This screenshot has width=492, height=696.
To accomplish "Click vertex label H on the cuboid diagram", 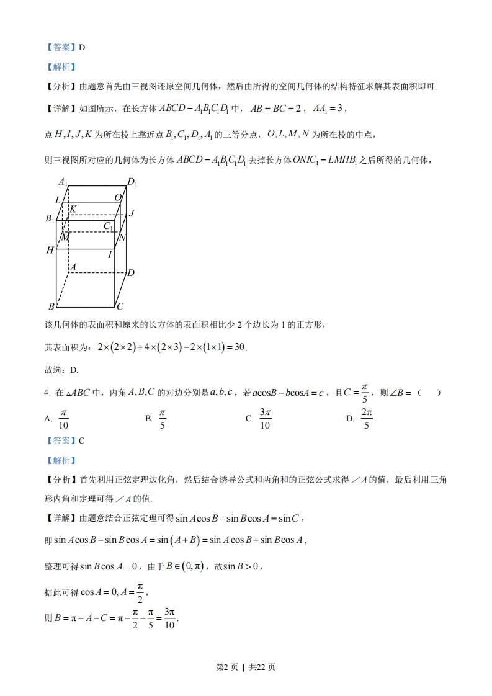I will click(x=50, y=250).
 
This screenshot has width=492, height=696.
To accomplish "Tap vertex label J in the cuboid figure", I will click(x=132, y=213).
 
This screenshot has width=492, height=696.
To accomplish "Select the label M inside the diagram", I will click(x=65, y=237).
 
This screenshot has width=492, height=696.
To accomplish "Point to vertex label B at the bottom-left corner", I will click(x=51, y=306).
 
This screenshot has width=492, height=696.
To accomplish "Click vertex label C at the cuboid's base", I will click(x=120, y=306).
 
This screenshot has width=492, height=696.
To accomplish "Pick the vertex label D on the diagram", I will click(x=131, y=273).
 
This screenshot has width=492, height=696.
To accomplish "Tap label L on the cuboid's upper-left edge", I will click(x=58, y=200).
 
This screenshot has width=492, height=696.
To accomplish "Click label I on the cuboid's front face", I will click(x=110, y=254).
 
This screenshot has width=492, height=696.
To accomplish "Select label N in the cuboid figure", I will click(x=122, y=238).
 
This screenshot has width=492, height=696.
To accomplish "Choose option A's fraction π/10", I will click(x=63, y=419).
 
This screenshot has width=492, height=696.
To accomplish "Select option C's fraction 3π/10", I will click(x=265, y=419).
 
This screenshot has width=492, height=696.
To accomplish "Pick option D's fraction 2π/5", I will click(x=366, y=419).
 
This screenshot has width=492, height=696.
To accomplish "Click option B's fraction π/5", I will click(x=163, y=419).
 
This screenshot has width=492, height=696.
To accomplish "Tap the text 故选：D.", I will click(x=61, y=370).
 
